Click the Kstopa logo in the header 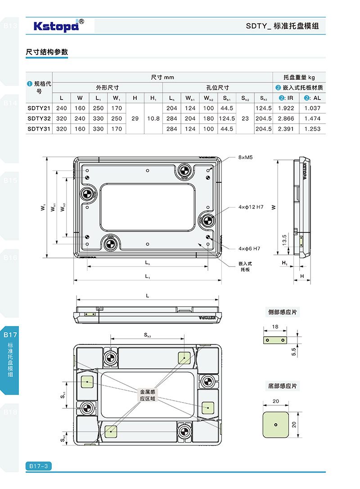pos(56,26)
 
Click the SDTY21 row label pos(39,108)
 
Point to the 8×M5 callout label pos(246,158)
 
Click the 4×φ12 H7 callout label pos(251,207)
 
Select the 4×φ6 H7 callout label pos(249,249)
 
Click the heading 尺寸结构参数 pos(47,52)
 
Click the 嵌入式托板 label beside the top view pos(245,267)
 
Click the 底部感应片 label pos(282,386)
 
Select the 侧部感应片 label pos(282,312)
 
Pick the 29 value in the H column pos(135,118)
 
